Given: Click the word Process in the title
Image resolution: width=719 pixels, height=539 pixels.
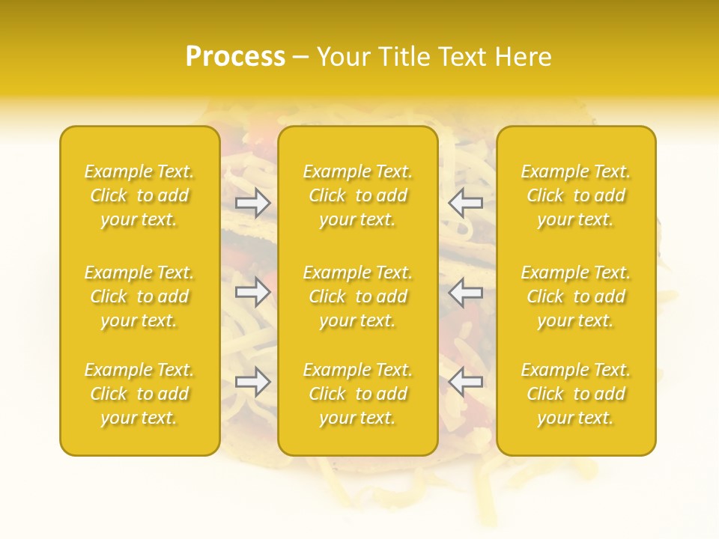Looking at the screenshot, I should click(x=235, y=57).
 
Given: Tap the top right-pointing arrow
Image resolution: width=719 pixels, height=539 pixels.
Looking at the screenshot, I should click(x=253, y=202).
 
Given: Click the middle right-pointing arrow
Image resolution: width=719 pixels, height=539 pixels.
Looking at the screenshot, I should click(x=253, y=292).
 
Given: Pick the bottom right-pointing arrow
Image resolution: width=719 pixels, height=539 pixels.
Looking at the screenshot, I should click(x=253, y=382).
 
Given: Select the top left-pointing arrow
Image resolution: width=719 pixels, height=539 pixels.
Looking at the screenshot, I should click(x=465, y=202).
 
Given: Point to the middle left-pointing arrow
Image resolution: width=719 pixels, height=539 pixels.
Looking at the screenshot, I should click(x=465, y=292).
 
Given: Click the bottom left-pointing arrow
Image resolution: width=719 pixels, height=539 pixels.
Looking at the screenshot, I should click(x=465, y=382).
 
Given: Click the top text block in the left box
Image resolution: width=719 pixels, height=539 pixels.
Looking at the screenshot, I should click(x=139, y=195).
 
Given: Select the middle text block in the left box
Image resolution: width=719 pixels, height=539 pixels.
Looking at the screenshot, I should click(x=139, y=296).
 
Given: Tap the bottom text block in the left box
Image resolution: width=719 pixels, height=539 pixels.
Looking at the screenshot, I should click(x=139, y=394).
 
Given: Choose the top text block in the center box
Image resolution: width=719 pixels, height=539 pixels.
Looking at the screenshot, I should click(x=357, y=195).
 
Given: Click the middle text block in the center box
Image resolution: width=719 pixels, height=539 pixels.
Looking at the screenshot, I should click(x=357, y=296).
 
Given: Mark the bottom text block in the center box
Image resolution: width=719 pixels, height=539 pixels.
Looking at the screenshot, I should click(x=357, y=394).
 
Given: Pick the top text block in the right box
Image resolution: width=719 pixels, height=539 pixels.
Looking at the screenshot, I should click(x=576, y=195).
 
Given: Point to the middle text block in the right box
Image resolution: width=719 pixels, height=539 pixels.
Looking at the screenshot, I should click(x=576, y=296).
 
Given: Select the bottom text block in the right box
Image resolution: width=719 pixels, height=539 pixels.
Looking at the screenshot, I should click(x=576, y=394).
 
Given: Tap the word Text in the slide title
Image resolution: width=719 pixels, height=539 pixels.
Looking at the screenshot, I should click(x=464, y=57).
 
